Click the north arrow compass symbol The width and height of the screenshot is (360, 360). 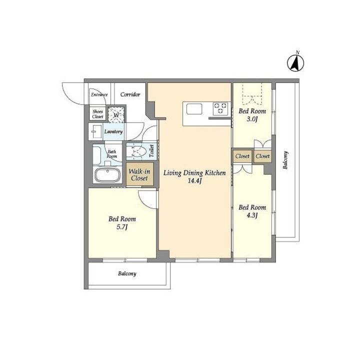point(295,62)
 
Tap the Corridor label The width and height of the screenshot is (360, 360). point(130,94)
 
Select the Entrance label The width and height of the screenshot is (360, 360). point(99,94)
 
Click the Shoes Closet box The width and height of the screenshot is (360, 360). point(97,114)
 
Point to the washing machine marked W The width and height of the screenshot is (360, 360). point(116,114)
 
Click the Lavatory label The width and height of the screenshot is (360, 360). point(113,131)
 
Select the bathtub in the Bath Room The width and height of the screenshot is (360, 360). point(107,175)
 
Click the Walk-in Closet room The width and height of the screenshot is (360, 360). point(139,174)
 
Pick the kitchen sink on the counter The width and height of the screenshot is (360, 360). point(194,109)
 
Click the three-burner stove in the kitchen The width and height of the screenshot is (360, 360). point(220,108)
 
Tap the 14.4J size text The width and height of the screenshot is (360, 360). point(194,181)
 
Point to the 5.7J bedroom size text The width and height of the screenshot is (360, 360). point(122,227)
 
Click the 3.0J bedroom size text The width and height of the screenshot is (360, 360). point(252,119)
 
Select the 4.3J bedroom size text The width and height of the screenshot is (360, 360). point(252,215)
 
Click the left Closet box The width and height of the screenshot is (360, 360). point(242,156)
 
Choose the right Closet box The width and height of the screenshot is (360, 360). point(262,156)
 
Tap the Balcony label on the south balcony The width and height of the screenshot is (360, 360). point(127,273)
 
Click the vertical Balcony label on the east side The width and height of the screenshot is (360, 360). point(285,160)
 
